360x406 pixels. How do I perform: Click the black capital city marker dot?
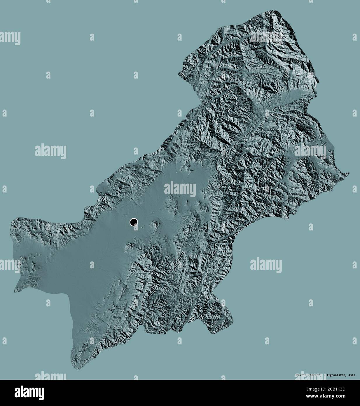134,222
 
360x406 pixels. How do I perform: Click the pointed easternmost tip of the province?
349,174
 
